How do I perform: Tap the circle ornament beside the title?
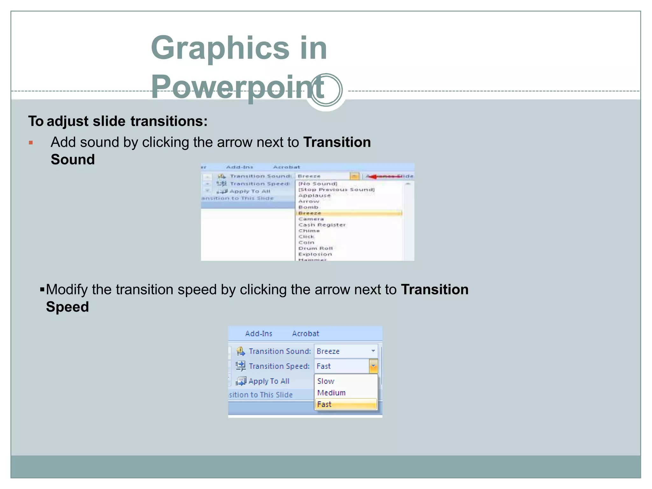326,90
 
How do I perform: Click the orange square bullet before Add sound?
31,143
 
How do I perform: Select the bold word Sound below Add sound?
73,159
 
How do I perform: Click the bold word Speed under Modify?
67,307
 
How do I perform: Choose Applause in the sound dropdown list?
314,195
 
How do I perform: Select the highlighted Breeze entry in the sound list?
310,213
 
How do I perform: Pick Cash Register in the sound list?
322,225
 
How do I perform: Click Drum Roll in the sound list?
315,248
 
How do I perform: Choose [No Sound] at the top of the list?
317,184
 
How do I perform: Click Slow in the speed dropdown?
326,381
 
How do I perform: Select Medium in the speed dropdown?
331,393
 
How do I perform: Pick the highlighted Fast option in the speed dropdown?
324,404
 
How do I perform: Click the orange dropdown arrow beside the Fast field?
373,366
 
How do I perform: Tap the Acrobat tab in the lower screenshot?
305,334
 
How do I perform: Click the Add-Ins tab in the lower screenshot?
259,334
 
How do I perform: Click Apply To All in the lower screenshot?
269,381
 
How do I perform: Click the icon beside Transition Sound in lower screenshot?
241,351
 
